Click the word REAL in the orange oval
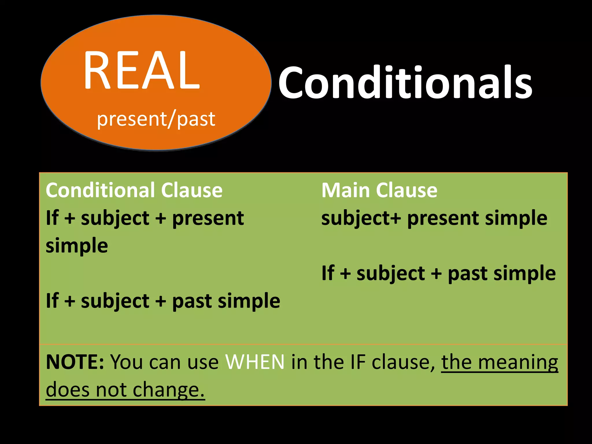142,70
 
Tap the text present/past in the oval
156,119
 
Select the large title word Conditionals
405,82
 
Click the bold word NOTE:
75,362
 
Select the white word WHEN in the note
255,362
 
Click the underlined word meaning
518,362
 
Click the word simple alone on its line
77,245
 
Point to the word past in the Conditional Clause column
192,301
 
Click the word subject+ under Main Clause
361,219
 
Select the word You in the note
127,362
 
